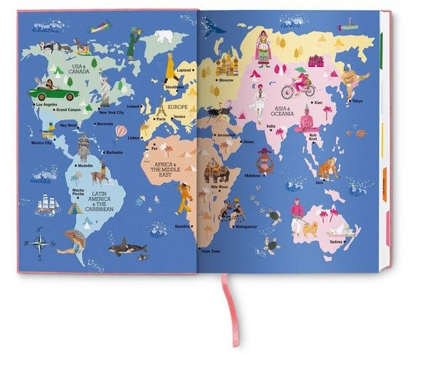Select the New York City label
tap(112, 112)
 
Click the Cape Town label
tap(211, 251)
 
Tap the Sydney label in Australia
tap(335, 241)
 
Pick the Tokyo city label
tap(357, 101)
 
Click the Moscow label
tap(226, 80)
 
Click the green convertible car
tap(53, 93)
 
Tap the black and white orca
tap(128, 248)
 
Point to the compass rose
tap(40, 243)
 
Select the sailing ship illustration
tap(47, 204)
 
